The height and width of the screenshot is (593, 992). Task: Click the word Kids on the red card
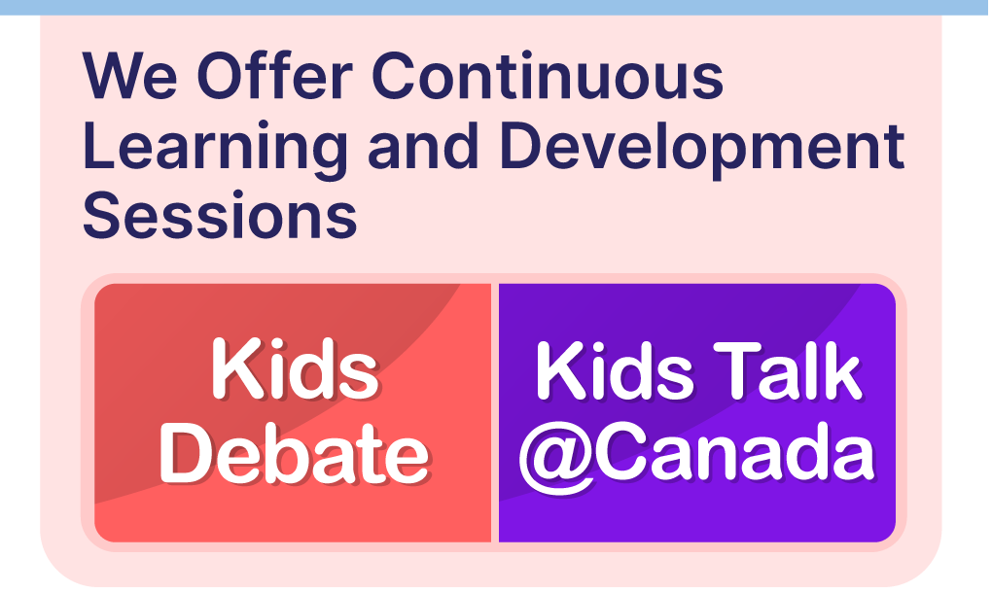(295, 368)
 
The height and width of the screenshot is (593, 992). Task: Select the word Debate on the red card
(295, 453)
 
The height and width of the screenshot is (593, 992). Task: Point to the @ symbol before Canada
(556, 457)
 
